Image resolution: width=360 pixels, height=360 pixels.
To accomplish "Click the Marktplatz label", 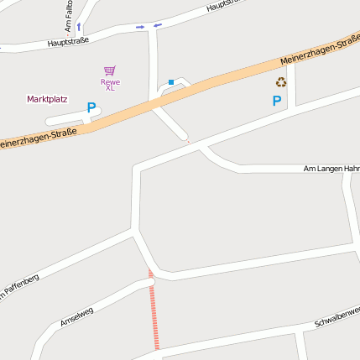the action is click(x=47, y=99).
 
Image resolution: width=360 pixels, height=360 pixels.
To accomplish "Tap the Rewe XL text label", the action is click(x=110, y=85).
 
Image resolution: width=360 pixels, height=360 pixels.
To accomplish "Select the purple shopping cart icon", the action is click(x=110, y=70).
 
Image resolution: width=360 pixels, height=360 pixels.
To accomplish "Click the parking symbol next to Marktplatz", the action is click(x=91, y=107).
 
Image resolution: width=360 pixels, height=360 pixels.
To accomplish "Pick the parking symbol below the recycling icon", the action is click(x=277, y=101).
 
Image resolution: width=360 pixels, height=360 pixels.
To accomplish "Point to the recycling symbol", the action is click(x=281, y=82).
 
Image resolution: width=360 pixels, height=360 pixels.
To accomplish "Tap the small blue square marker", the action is click(x=171, y=82).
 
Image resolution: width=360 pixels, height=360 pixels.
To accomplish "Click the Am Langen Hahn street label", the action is click(x=331, y=169).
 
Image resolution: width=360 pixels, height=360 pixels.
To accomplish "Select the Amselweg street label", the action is click(x=76, y=316).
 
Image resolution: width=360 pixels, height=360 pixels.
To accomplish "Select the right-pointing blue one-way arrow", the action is click(x=140, y=27).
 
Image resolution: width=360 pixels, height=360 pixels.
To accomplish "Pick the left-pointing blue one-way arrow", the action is click(x=158, y=25).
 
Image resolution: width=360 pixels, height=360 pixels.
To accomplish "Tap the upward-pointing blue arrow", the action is click(x=79, y=26).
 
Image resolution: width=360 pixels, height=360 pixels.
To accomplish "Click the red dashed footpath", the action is click(x=154, y=310).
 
